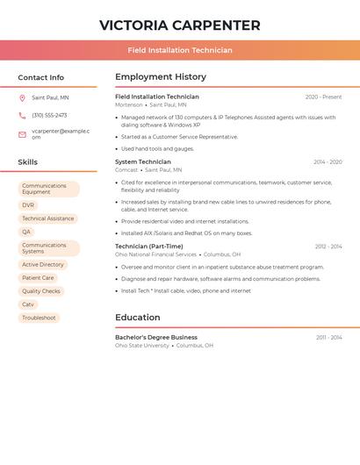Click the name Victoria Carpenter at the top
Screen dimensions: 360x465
point(179,25)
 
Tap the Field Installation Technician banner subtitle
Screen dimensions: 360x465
point(179,50)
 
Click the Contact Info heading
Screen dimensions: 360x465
point(40,77)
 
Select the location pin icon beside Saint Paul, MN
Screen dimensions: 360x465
point(22,97)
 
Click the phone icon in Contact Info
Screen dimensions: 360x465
point(22,115)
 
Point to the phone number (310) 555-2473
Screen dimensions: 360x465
point(49,115)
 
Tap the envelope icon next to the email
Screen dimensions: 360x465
point(22,134)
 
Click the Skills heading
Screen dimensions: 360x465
point(27,162)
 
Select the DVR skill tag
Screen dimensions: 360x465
point(28,205)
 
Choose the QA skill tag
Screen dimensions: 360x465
point(26,232)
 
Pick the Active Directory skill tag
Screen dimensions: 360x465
point(43,264)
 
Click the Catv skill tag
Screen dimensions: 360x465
point(28,304)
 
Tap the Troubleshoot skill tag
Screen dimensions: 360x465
point(39,318)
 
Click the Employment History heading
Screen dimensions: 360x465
point(161,77)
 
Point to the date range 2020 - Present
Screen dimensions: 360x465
point(323,97)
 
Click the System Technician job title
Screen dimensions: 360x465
point(143,162)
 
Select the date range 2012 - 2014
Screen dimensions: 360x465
point(328,247)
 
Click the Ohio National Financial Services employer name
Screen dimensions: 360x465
point(155,254)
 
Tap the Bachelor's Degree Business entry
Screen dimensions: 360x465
point(156,337)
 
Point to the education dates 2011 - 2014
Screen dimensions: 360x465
point(329,337)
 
